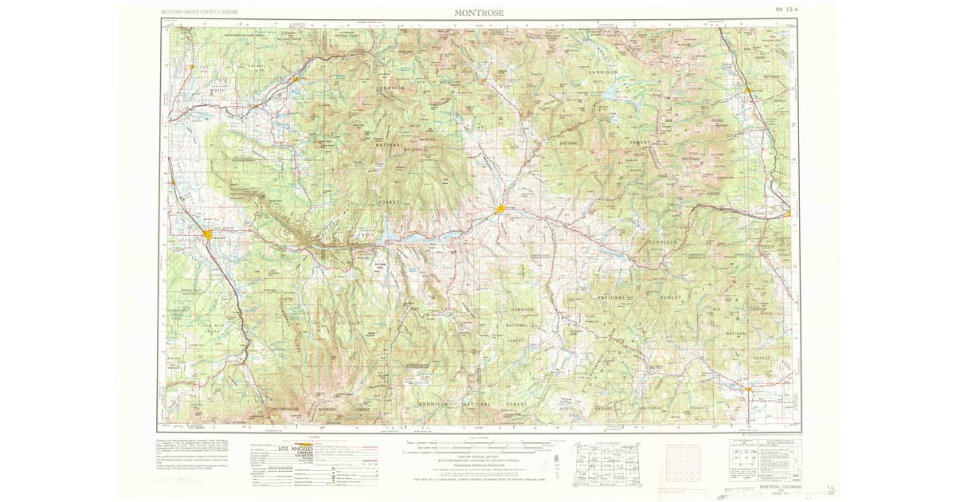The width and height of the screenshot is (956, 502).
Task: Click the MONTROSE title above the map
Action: tap(479, 13)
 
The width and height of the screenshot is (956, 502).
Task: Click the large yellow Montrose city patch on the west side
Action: tap(208, 234)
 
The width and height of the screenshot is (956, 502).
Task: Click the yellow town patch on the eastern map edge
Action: tap(787, 214)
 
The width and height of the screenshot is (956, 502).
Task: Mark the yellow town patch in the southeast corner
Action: tap(750, 390)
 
